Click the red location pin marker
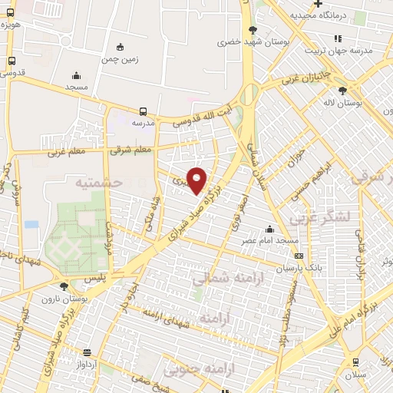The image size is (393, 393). click(197, 180)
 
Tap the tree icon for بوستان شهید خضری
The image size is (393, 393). click(253, 31)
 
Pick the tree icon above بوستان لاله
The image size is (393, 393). click(353, 91)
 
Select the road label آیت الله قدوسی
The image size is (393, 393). click(201, 116)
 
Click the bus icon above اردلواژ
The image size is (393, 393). click(87, 353)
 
